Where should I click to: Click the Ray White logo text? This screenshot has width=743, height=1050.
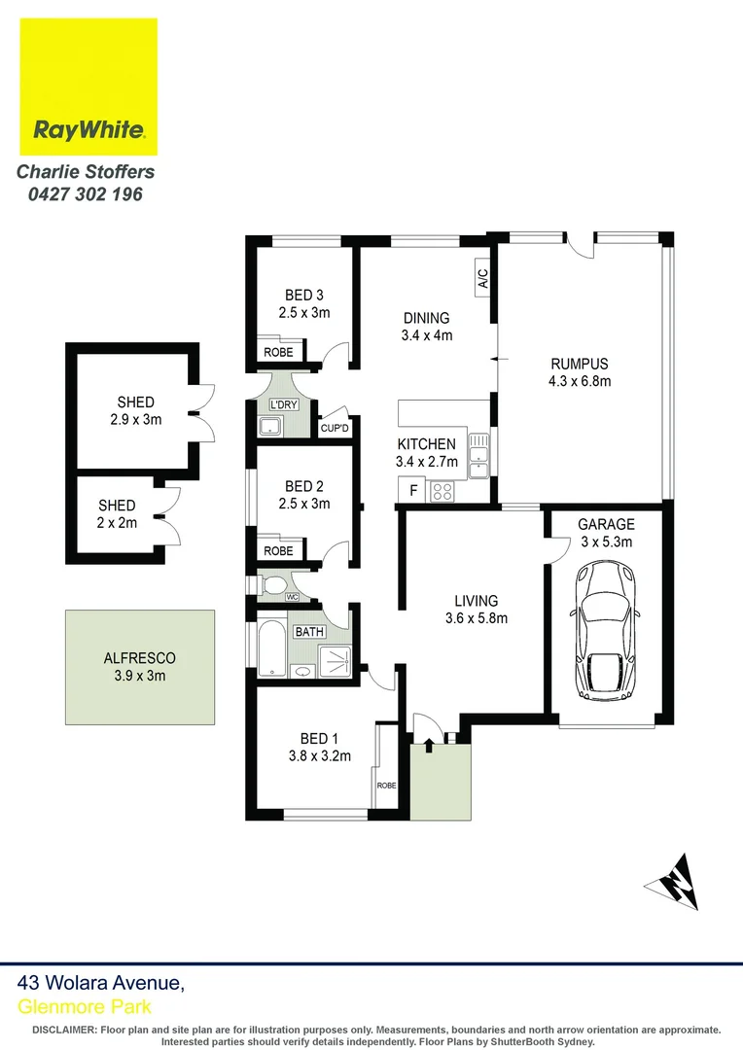pos(88,129)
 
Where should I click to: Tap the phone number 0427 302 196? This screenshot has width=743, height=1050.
pos(86,194)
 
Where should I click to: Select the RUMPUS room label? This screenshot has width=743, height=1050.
pos(580,365)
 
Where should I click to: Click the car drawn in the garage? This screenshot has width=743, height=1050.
pos(604,629)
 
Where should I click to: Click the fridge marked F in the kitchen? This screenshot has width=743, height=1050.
pos(412,490)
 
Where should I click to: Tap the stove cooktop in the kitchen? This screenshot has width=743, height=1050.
pos(442,492)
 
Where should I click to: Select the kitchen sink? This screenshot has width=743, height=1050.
pos(478,455)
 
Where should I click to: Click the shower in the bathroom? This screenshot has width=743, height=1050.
pos(335,662)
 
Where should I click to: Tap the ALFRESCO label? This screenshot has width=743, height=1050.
pos(139,658)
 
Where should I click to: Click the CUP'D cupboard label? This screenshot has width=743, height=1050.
pos(335,428)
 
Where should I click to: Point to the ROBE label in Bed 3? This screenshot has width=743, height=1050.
pos(278,352)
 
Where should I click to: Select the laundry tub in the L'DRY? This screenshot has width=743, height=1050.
pos(271,426)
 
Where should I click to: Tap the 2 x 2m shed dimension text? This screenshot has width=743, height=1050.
pos(117,523)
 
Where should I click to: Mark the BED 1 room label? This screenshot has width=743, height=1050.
pos(319,739)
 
